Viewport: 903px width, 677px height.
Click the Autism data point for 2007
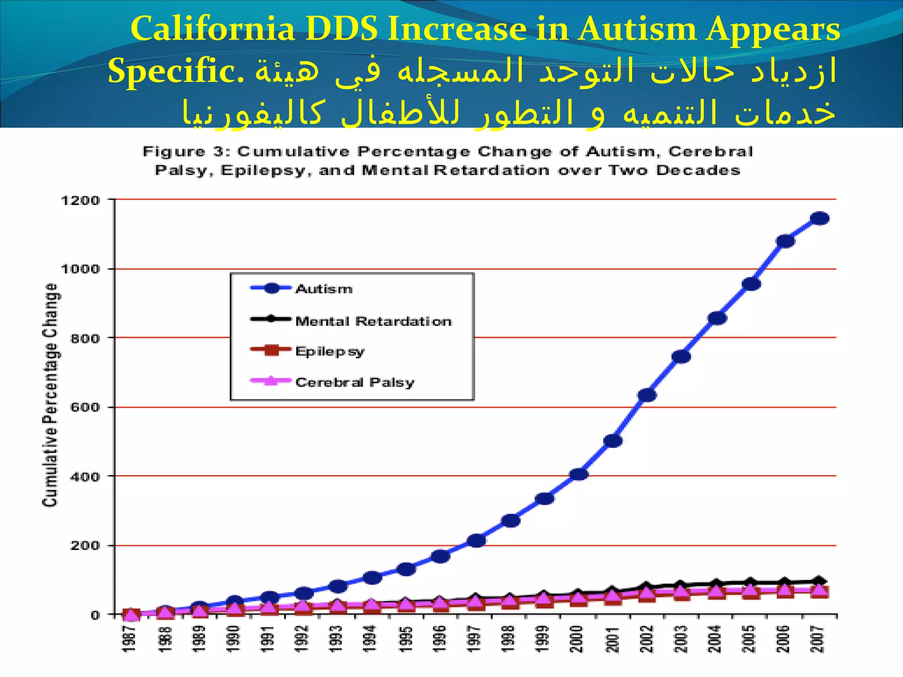820,218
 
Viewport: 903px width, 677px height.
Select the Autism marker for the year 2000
578,474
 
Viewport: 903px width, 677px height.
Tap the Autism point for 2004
716,318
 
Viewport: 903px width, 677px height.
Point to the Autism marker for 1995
406,569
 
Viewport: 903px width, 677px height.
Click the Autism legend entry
324,289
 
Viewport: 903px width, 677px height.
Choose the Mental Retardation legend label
373,321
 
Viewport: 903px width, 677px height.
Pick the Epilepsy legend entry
330,351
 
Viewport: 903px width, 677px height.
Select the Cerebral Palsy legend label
354,382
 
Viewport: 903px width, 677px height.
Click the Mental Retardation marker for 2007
820,581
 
